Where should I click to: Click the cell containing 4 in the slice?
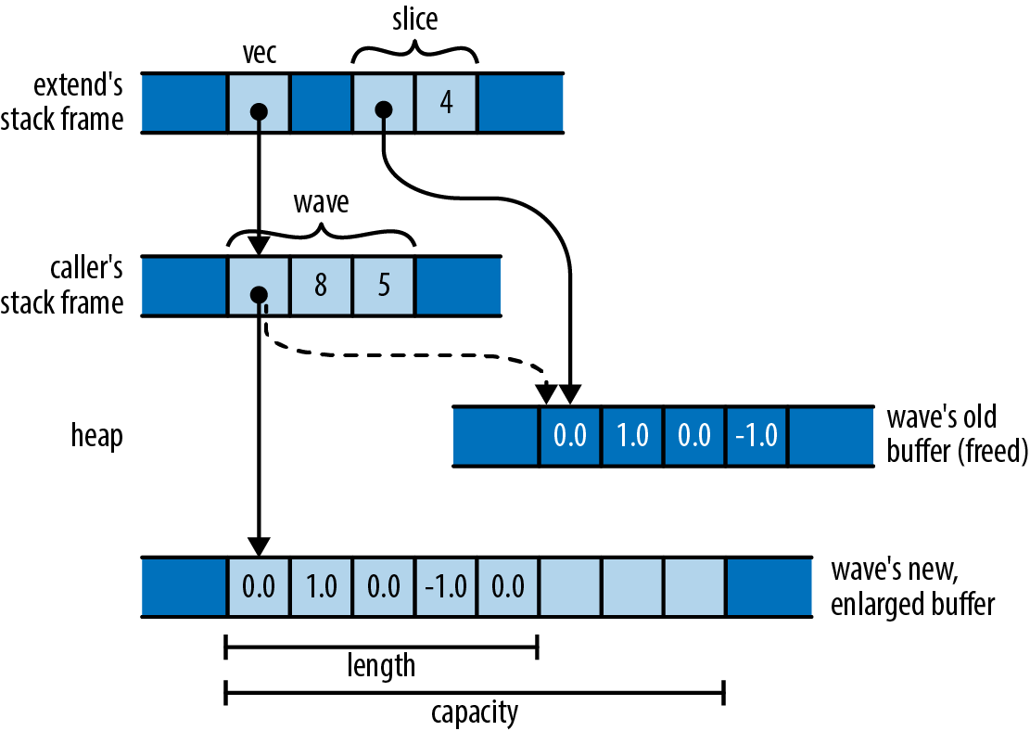(x=446, y=102)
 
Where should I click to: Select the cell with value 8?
(x=321, y=286)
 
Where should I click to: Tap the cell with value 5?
(x=384, y=286)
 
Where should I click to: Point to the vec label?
(x=259, y=55)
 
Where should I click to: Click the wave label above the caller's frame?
(x=321, y=201)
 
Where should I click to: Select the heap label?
(x=96, y=436)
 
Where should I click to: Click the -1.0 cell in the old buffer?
(x=757, y=435)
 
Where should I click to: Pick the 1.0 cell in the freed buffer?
(x=632, y=435)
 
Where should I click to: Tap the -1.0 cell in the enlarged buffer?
(x=446, y=587)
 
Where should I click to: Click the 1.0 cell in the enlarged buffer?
(x=321, y=587)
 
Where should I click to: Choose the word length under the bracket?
(x=381, y=665)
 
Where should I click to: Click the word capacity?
(x=474, y=712)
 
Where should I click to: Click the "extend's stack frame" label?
(x=78, y=102)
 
